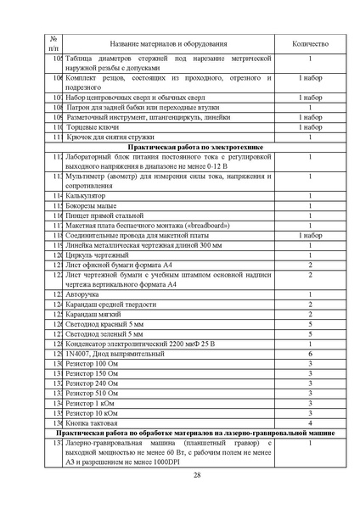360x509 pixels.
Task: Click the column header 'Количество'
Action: tap(310, 43)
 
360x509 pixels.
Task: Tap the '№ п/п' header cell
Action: tap(53, 43)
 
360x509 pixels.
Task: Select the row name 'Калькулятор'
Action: tap(87, 195)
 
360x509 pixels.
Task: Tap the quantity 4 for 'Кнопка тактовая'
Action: tap(310, 422)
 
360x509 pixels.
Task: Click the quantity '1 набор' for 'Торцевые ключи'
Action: tap(310, 126)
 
